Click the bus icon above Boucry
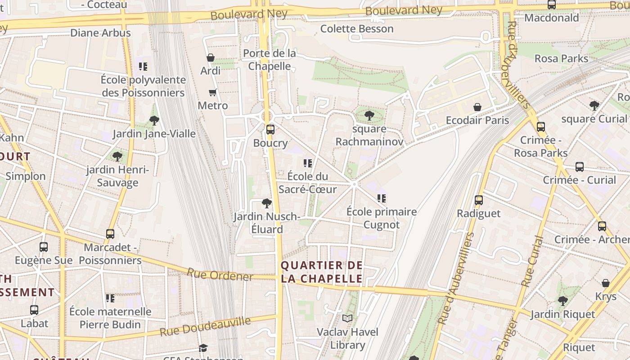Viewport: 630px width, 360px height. click(270, 130)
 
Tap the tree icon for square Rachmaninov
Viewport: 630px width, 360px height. click(369, 116)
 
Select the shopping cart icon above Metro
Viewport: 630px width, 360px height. click(212, 93)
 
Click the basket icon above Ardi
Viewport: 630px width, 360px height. click(210, 58)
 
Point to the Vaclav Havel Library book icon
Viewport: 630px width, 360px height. click(347, 319)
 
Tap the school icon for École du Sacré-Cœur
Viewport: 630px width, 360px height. click(308, 163)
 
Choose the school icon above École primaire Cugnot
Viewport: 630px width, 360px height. click(382, 198)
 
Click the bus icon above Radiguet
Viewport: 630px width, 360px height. click(479, 200)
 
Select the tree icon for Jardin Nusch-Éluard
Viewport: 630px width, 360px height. click(266, 203)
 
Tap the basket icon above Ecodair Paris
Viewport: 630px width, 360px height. click(477, 107)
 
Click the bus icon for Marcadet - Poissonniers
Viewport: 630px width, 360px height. click(110, 234)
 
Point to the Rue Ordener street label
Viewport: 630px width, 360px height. click(220, 274)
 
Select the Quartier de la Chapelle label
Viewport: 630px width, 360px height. click(322, 272)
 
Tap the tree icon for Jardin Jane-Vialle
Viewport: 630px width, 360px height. click(154, 120)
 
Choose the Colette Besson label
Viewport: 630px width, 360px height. click(357, 29)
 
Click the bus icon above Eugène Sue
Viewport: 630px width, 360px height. click(44, 247)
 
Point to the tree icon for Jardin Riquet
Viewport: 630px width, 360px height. click(562, 301)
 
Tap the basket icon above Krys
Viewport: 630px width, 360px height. click(606, 283)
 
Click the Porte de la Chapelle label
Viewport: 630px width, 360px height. click(270, 60)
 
